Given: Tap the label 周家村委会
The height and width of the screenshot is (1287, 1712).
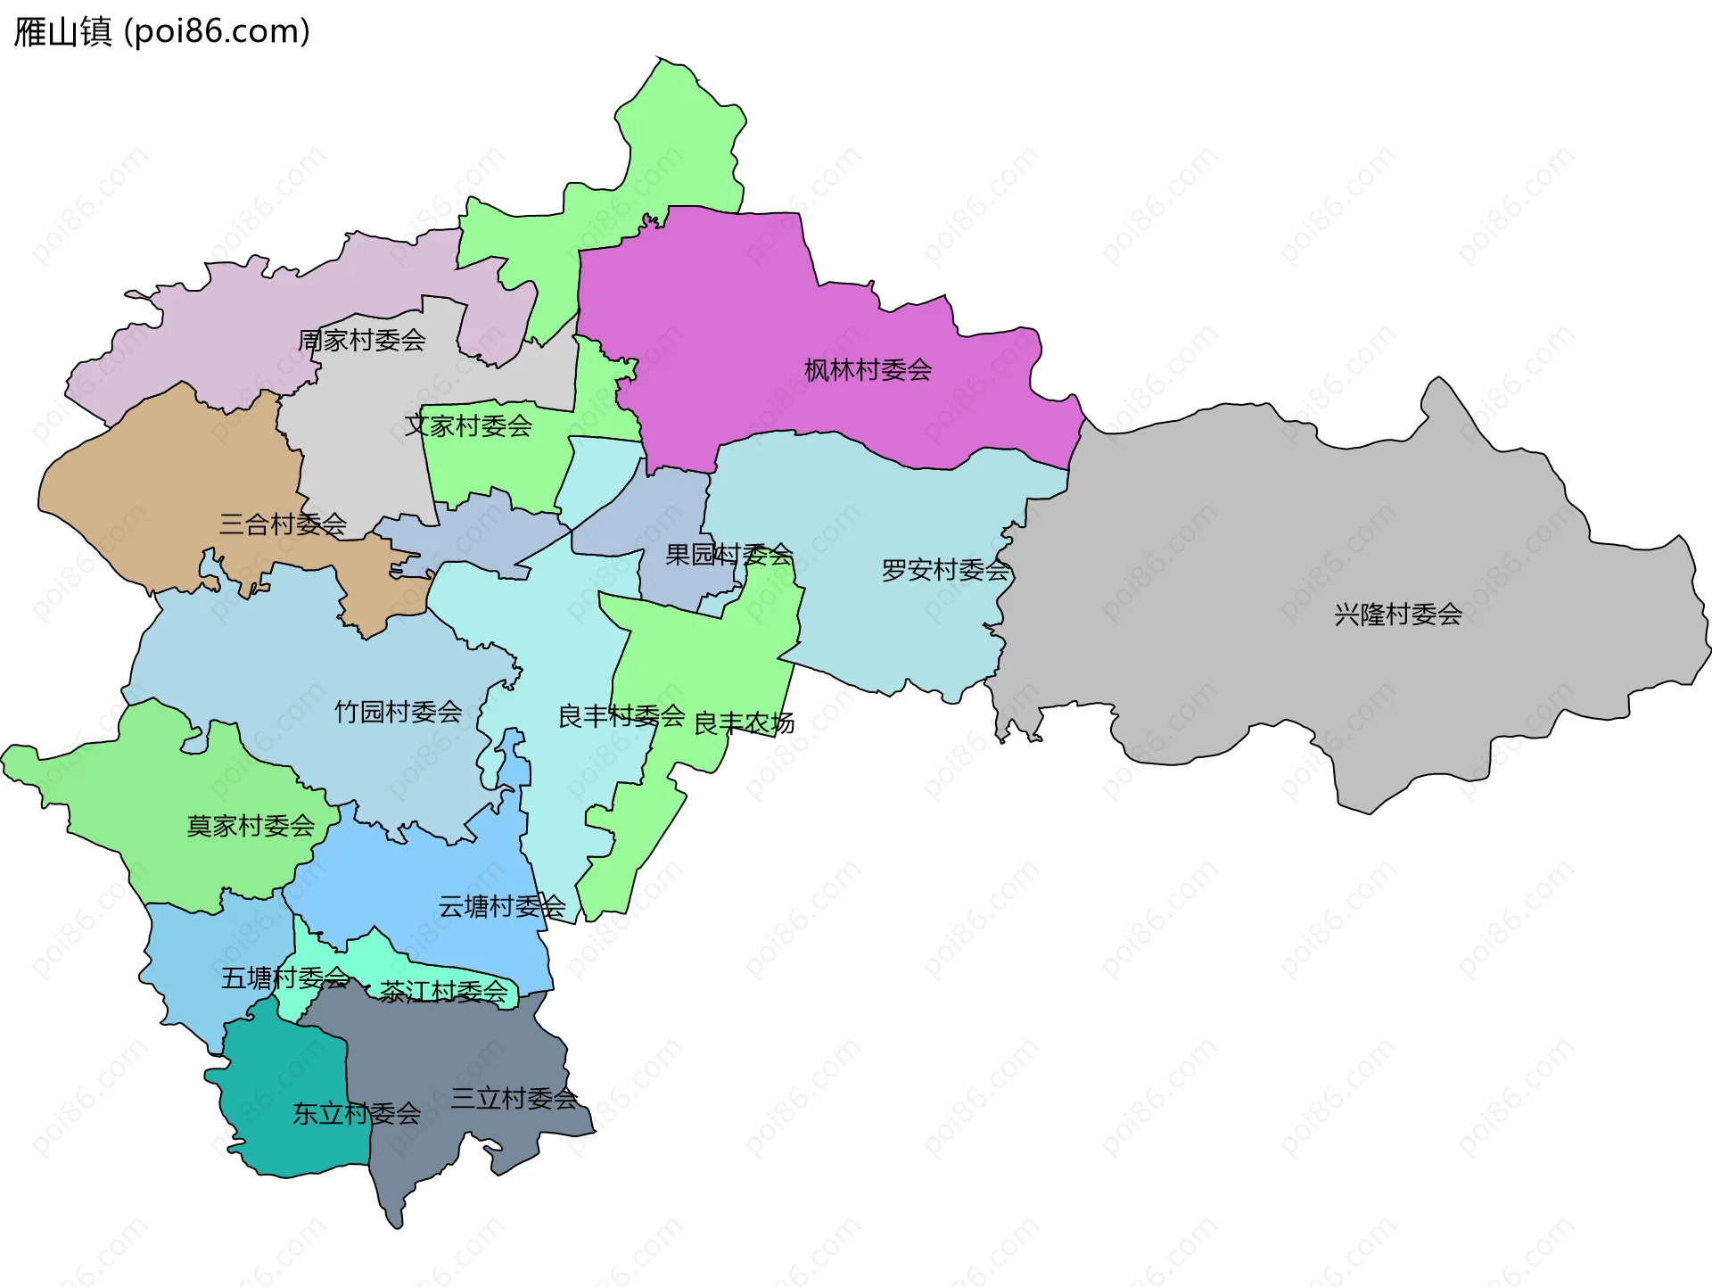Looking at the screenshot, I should click(362, 340).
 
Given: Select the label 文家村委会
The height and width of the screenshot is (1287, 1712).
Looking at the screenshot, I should click(468, 426).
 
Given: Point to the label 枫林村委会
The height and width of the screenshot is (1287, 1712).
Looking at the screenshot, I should click(868, 370).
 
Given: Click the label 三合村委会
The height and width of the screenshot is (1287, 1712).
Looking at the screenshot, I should click(283, 524).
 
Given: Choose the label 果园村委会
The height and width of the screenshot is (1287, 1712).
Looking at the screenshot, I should click(728, 555).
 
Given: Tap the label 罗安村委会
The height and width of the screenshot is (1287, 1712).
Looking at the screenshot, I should click(945, 570).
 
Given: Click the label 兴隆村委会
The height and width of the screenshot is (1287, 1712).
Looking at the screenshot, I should click(1397, 615).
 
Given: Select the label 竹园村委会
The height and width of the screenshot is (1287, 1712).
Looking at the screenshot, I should click(398, 712).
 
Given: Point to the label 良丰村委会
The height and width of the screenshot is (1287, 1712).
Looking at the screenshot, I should click(621, 716).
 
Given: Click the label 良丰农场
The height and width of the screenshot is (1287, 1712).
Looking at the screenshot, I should click(744, 723).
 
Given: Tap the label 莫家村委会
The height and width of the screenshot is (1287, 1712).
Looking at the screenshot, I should click(251, 826).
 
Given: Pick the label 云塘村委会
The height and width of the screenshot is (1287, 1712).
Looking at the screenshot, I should click(501, 907).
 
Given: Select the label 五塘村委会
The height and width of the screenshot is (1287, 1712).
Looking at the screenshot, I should click(284, 978).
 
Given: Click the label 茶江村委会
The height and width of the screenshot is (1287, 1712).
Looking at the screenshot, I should click(443, 992).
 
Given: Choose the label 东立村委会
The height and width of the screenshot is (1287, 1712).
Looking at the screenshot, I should click(357, 1114).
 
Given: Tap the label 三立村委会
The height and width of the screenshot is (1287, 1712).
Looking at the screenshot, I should click(514, 1099).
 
